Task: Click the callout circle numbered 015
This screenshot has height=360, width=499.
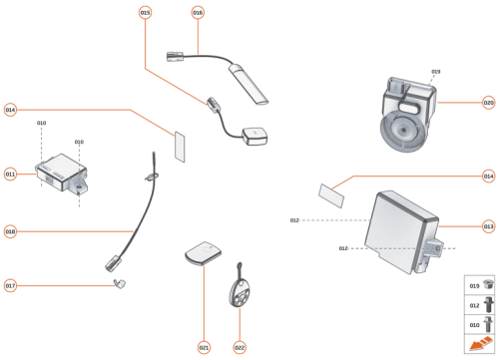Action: coord(145,12)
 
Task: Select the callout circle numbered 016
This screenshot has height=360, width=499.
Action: coord(198,12)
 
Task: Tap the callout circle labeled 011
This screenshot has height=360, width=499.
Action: coord(10,174)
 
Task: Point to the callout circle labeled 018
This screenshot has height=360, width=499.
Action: coord(10,231)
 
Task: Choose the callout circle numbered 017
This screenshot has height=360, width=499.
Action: coord(10,285)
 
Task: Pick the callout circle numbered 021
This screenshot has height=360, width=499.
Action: coord(204,347)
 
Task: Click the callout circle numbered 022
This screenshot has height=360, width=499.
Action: coord(240,347)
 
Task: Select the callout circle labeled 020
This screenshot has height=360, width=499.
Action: coord(488,102)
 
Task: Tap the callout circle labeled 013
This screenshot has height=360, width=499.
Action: coord(488,225)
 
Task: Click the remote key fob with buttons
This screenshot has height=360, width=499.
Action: coord(240,293)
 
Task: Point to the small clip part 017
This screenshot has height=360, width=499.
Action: coord(120,285)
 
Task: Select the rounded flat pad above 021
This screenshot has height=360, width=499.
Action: coord(205,253)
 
